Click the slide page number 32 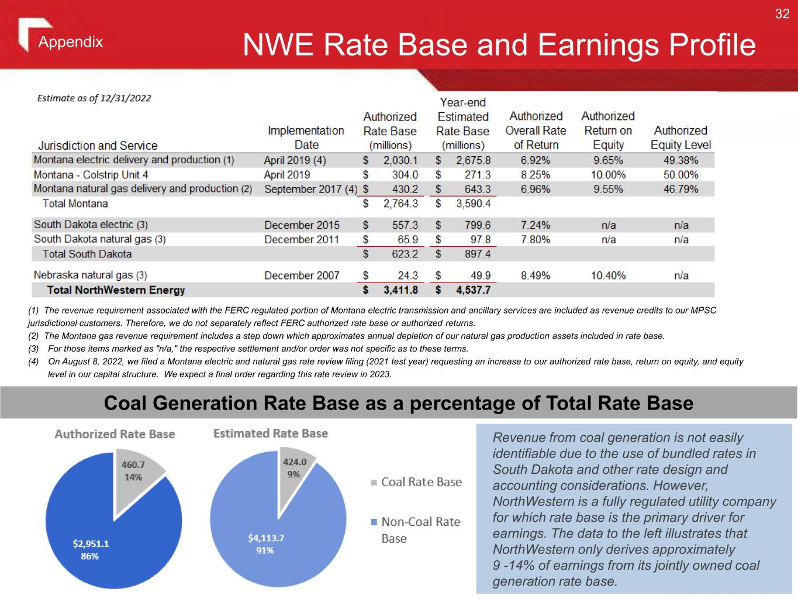click(782, 14)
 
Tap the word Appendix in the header click(71, 42)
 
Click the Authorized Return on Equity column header click(608, 130)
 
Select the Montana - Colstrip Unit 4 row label click(91, 175)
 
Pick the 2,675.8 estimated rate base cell click(473, 160)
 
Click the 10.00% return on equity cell click(608, 175)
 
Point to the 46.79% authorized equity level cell click(680, 189)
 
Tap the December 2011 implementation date click(302, 239)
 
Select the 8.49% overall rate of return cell click(536, 276)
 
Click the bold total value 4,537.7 click(473, 290)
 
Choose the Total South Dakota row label click(87, 254)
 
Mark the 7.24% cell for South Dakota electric click(536, 225)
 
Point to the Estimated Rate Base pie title click(270, 433)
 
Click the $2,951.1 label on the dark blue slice click(91, 543)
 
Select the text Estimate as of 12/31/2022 click(94, 98)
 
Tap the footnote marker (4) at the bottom click(33, 362)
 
